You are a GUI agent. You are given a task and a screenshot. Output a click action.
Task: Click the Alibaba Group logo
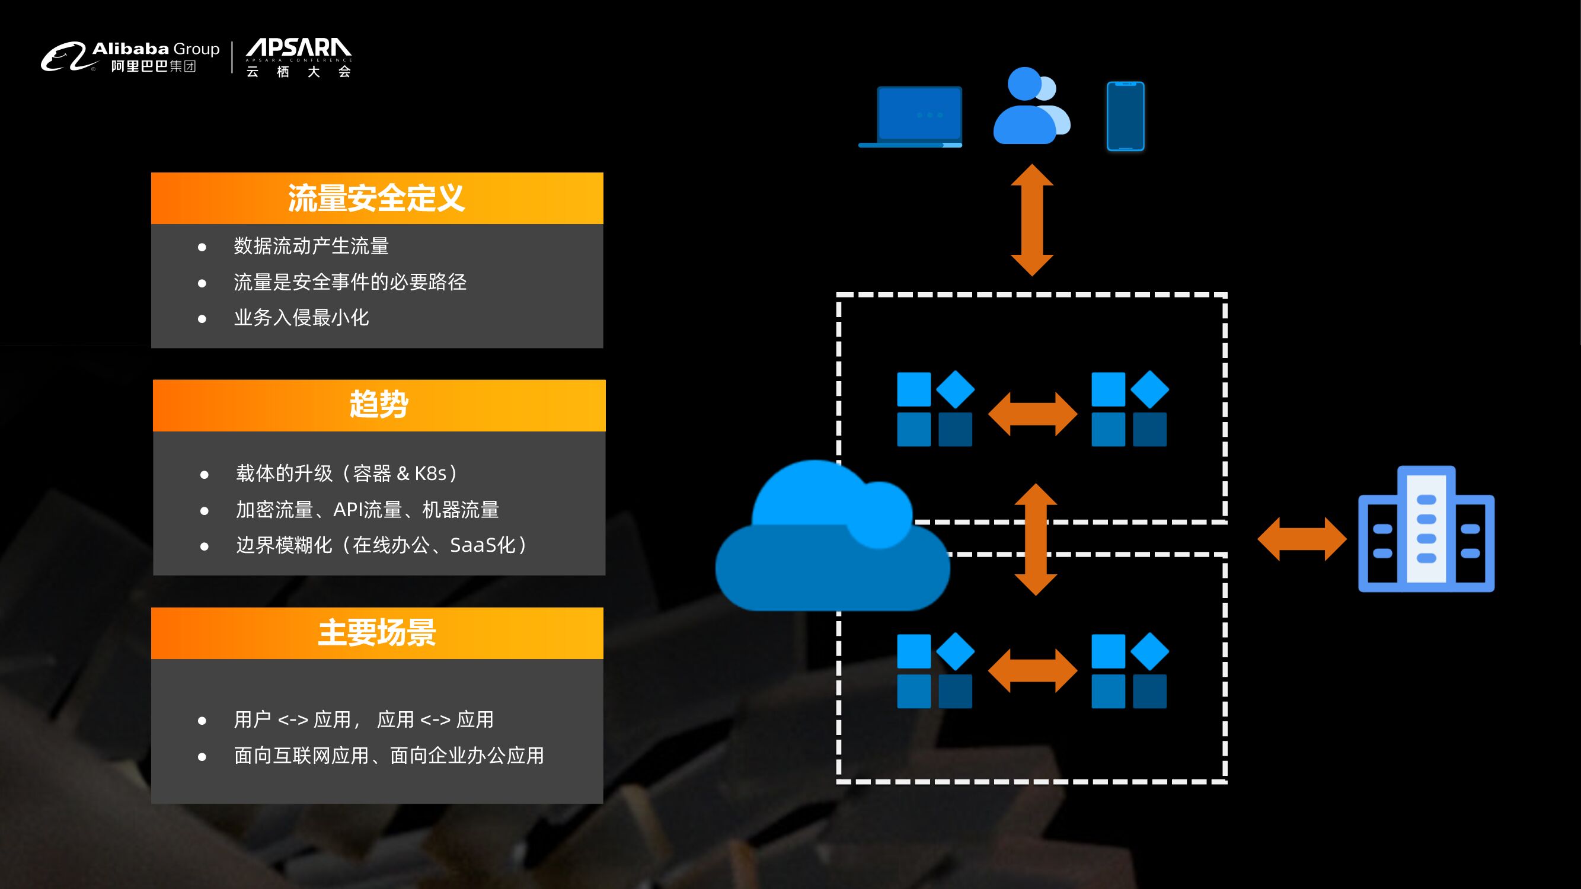[130, 57]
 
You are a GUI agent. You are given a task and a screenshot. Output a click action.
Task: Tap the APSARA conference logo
[298, 57]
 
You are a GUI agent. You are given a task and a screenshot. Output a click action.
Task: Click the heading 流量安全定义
[376, 198]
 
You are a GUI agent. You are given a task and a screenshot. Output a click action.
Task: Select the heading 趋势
[379, 404]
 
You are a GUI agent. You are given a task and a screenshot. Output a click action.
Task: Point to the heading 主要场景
[376, 632]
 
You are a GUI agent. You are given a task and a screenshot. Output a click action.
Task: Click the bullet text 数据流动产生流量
[311, 246]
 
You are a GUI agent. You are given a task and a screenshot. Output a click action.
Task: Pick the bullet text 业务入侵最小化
[301, 317]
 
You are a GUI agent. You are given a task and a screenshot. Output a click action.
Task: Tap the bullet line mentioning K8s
[347, 473]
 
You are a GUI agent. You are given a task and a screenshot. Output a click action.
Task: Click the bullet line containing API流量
[368, 509]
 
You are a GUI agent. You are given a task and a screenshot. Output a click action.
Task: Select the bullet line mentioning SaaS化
[382, 545]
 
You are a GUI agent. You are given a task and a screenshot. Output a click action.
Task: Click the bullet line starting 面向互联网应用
[389, 755]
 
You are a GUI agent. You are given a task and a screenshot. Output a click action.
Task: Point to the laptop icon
[911, 117]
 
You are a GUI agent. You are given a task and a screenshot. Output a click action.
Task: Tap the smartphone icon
[1125, 116]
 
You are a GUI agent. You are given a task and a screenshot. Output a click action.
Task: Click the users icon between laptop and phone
[1031, 107]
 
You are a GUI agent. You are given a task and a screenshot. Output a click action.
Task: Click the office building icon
[1426, 529]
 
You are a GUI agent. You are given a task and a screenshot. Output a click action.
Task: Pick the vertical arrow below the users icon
[1031, 220]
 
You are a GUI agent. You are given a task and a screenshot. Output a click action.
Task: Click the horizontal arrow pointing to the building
[1302, 539]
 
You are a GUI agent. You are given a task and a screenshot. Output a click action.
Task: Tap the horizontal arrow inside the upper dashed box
[1032, 414]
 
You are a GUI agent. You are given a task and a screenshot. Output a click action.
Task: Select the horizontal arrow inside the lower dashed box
[1032, 670]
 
